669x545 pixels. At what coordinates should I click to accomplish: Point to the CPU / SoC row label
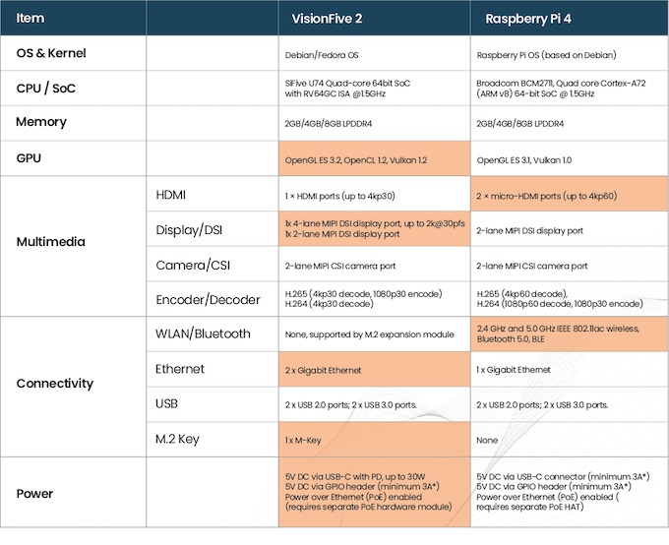click(x=48, y=88)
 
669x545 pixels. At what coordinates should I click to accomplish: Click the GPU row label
click(x=30, y=156)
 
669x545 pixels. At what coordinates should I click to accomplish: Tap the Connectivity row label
click(x=55, y=384)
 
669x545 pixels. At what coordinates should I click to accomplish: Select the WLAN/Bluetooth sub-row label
click(x=203, y=333)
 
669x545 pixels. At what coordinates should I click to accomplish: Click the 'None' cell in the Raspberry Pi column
click(x=488, y=439)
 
